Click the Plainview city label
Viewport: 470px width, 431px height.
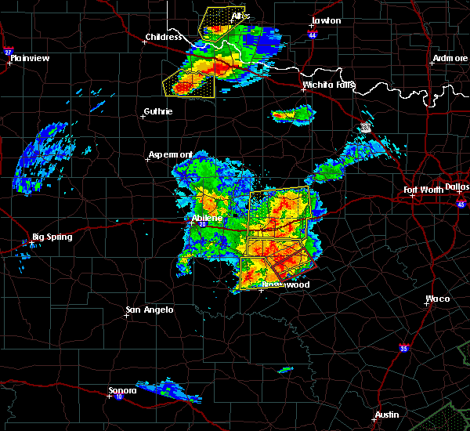pos(29,58)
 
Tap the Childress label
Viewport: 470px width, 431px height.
pos(163,37)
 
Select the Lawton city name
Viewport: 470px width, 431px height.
pos(326,20)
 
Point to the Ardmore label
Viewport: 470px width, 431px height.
pos(450,60)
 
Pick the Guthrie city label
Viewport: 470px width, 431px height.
pos(157,111)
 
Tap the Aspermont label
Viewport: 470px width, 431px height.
pos(170,155)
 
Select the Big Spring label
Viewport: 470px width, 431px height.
pos(51,237)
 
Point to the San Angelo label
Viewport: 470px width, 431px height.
pos(150,310)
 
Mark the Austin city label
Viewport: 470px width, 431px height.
pos(386,415)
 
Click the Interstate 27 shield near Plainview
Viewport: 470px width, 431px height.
pos(9,52)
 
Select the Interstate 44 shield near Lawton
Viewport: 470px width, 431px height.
pos(312,35)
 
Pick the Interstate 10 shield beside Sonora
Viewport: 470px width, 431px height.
pos(118,397)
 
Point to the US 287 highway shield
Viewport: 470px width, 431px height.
pos(367,126)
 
